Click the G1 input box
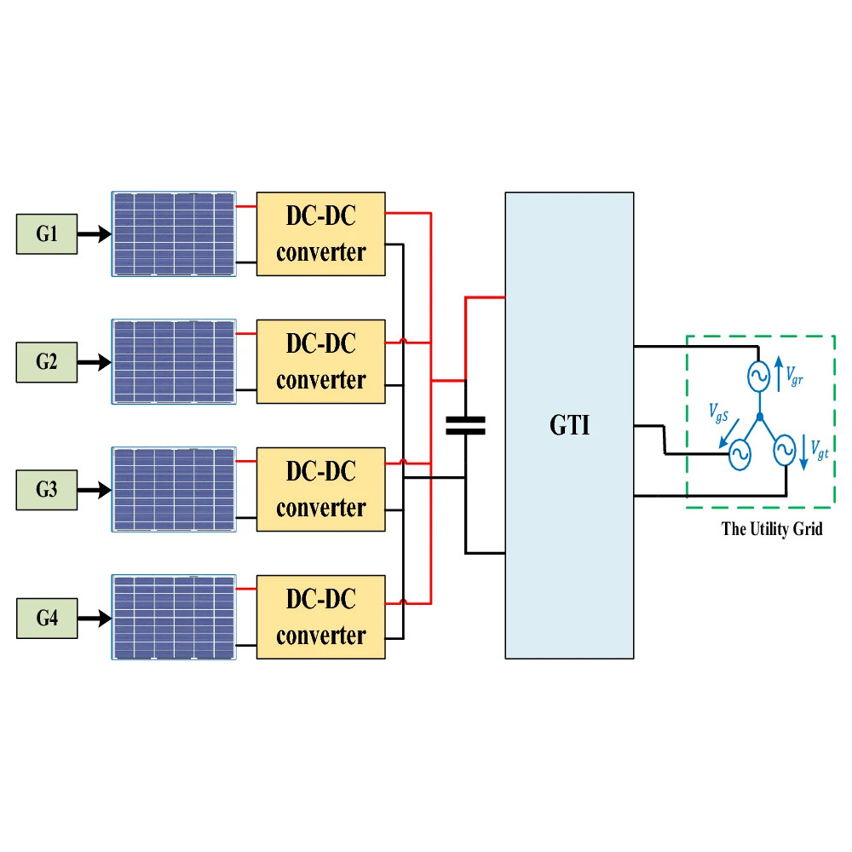pyautogui.click(x=47, y=234)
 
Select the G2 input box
pyautogui.click(x=47, y=362)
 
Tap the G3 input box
pyautogui.click(x=47, y=490)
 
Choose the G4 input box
pyautogui.click(x=47, y=618)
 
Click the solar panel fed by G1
pyautogui.click(x=174, y=233)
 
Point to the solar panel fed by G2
pyautogui.click(x=174, y=361)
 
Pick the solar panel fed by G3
pyautogui.click(x=174, y=489)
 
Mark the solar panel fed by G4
pyautogui.click(x=174, y=617)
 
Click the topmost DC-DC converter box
pyautogui.click(x=320, y=233)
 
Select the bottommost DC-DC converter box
pyautogui.click(x=320, y=617)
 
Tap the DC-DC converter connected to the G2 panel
pyautogui.click(x=320, y=361)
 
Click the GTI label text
pyautogui.click(x=569, y=425)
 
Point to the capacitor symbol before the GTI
pyautogui.click(x=465, y=426)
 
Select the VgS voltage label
pyautogui.click(x=718, y=412)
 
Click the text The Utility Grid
pyautogui.click(x=772, y=529)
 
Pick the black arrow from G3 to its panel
pyautogui.click(x=94, y=490)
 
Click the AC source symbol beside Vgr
pyautogui.click(x=757, y=375)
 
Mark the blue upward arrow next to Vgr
pyautogui.click(x=778, y=373)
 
